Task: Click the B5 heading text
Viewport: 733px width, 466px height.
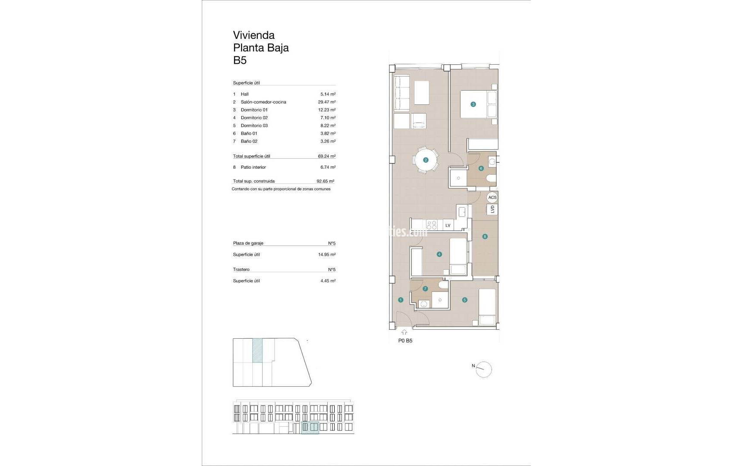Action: [240, 60]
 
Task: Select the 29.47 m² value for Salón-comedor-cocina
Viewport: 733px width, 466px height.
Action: [326, 102]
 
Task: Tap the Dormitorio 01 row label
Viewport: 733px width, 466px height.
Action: [254, 110]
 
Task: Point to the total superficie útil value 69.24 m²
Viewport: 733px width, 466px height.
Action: [326, 157]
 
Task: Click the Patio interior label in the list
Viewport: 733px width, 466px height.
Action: [253, 167]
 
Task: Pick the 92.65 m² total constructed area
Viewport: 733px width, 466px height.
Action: [325, 182]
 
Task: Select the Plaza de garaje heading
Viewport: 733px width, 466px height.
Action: [248, 243]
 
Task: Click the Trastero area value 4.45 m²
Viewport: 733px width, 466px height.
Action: [326, 281]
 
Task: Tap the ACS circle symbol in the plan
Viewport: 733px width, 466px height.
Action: [492, 197]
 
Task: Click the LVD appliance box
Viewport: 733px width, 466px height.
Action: [492, 209]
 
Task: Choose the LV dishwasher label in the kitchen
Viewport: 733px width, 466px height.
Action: [448, 225]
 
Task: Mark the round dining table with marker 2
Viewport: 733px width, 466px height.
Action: [426, 160]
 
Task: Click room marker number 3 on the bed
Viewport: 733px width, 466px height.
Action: [473, 104]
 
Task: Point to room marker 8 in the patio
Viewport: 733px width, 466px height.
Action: [485, 236]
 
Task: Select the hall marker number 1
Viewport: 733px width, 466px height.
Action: [401, 300]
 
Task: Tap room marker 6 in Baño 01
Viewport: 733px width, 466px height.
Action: [481, 168]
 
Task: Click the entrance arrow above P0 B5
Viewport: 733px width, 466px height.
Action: [404, 332]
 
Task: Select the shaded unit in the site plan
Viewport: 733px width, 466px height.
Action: [257, 350]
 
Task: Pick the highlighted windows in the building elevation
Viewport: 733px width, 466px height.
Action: [310, 427]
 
